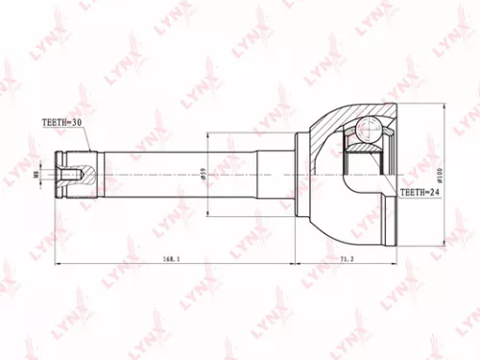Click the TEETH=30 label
tap(60, 123)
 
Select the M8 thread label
tap(36, 174)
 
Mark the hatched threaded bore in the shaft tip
tap(74, 174)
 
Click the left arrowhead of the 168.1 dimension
tap(58, 265)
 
